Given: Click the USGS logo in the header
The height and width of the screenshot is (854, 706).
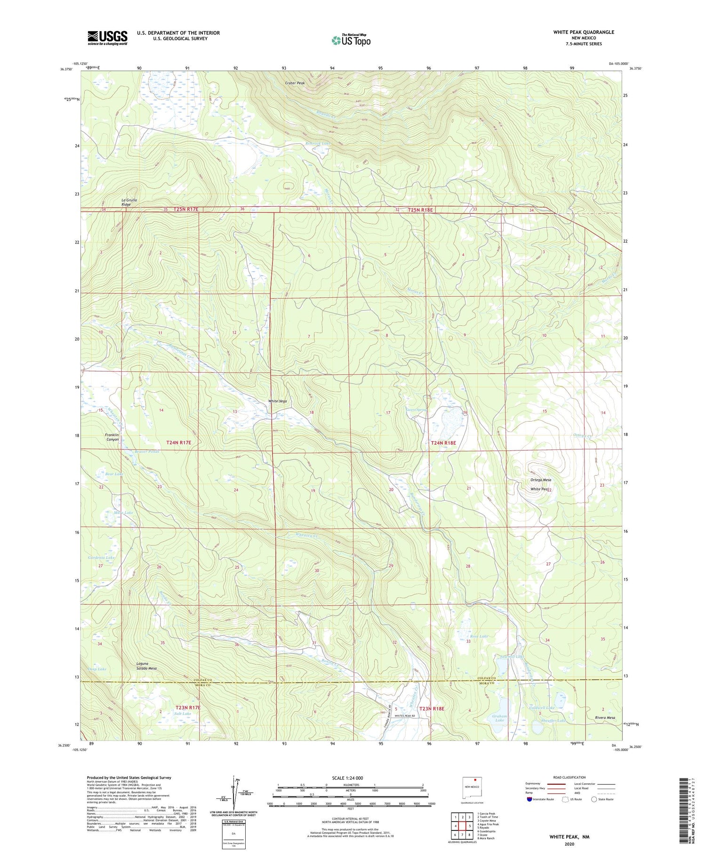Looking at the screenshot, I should [x=107, y=38].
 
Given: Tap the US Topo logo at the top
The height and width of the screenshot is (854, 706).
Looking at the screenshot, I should [x=351, y=40].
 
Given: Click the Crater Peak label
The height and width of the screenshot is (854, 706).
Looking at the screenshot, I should [x=295, y=83].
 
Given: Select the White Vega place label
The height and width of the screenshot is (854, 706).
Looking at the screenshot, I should [x=278, y=401].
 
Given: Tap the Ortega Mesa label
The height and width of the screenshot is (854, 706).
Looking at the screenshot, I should [x=540, y=480].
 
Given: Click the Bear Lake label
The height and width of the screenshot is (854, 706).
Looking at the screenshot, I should [x=114, y=474].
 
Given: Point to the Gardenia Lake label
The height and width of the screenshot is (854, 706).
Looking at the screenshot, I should [x=101, y=557].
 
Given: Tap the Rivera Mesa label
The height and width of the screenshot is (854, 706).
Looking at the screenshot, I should [x=605, y=717].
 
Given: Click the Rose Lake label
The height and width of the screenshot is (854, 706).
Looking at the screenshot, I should [x=479, y=636].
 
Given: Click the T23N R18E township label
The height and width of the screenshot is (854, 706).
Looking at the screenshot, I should [x=432, y=708].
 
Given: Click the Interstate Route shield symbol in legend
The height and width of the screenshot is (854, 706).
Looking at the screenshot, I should [x=529, y=799].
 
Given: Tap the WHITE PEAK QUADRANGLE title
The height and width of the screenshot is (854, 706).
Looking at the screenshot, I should [x=584, y=32].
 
